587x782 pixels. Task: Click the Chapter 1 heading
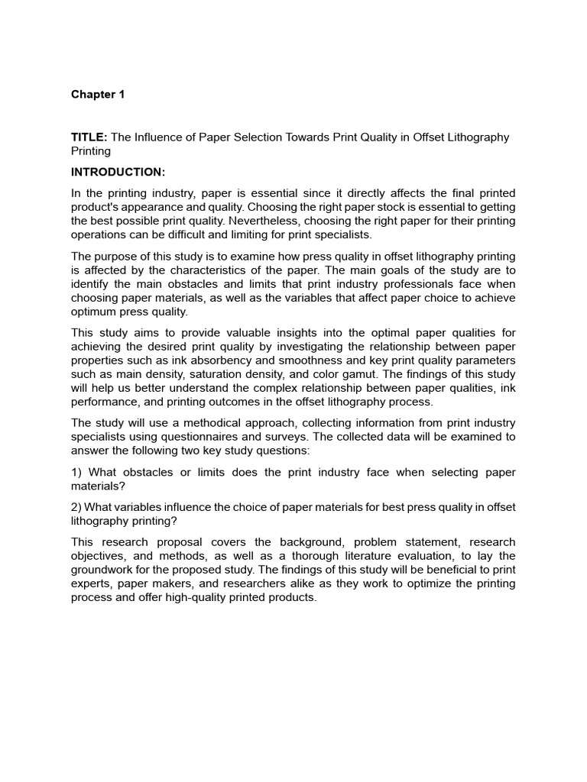[98, 95]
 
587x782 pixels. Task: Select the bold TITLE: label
[89, 137]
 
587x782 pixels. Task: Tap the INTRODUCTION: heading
[118, 172]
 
